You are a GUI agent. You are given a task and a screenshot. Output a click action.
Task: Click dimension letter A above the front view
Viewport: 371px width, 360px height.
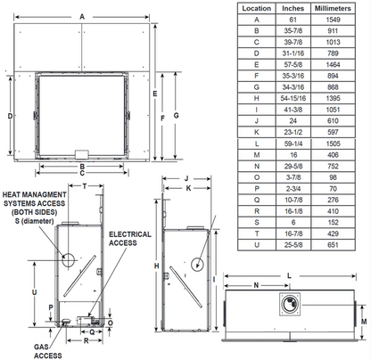coord(83,16)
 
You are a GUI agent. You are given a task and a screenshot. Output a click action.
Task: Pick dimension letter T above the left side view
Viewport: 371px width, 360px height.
coord(84,187)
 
